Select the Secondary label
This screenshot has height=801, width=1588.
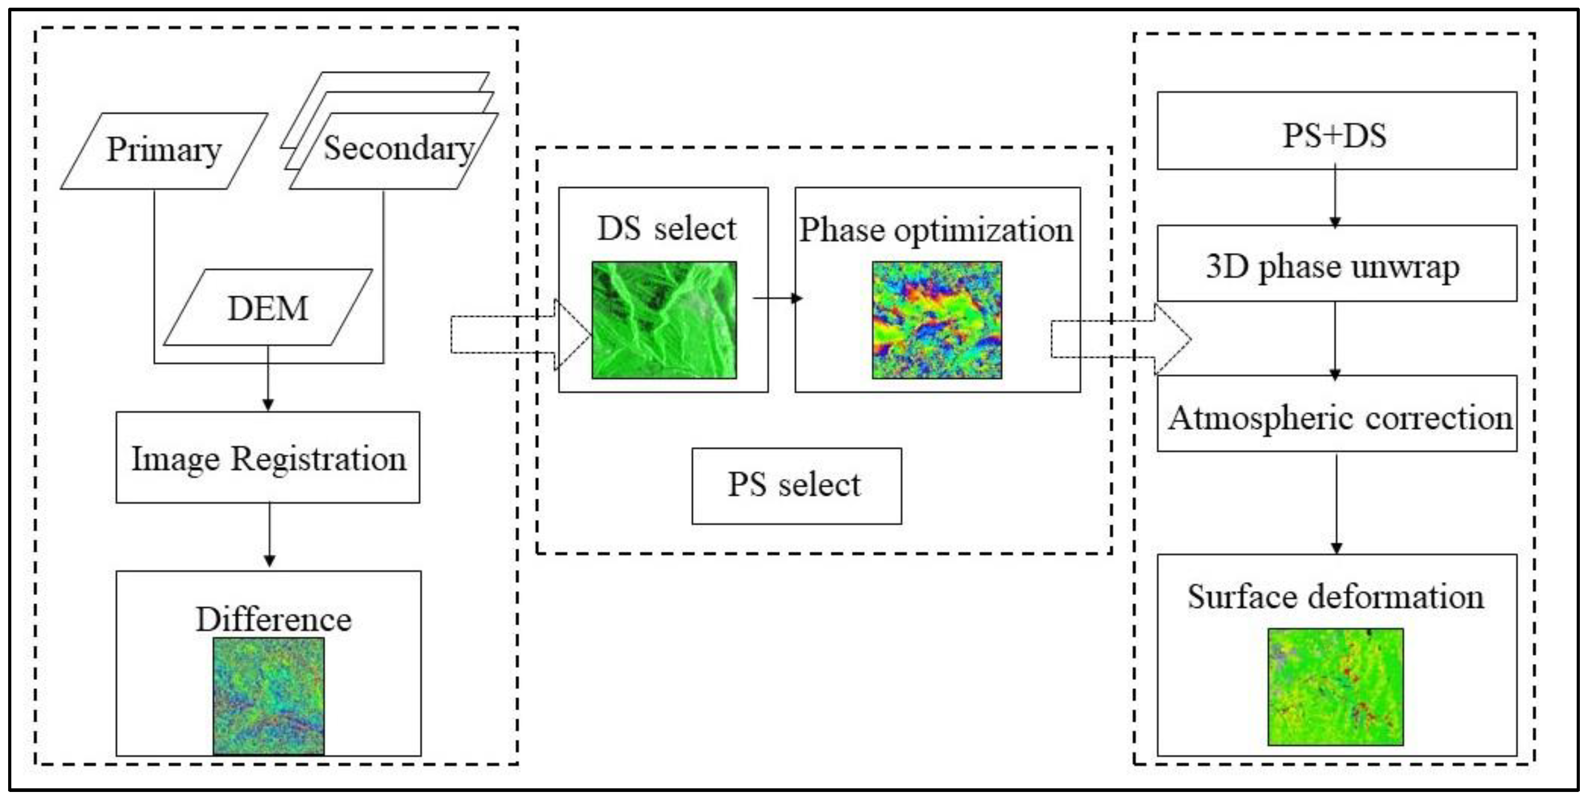398,148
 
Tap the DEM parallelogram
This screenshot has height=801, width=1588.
267,308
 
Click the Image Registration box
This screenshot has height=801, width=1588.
268,458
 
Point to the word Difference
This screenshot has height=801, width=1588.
273,619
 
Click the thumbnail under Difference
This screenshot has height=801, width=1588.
268,696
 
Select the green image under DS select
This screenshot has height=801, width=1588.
664,319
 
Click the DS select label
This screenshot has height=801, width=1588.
666,229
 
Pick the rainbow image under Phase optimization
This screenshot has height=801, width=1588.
937,319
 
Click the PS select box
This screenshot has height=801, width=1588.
796,485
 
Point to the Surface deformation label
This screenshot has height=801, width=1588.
1335,596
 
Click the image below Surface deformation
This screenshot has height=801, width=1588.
1335,687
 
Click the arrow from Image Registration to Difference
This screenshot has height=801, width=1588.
269,534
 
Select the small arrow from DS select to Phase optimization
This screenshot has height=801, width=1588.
778,298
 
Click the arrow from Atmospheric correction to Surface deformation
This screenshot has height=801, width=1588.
1336,503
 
